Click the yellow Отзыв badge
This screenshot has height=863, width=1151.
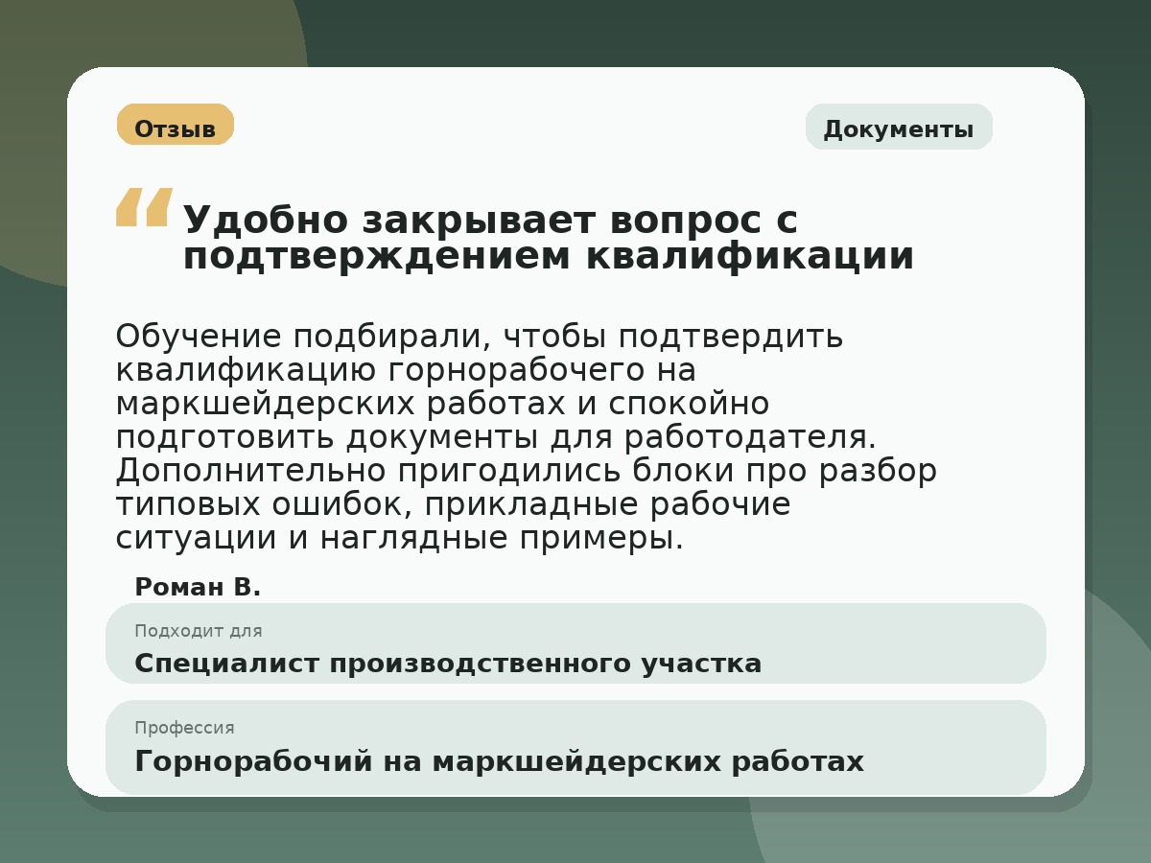(176, 125)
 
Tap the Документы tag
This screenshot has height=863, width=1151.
(899, 128)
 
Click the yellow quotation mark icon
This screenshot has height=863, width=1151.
(144, 207)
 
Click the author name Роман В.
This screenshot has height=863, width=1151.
(198, 587)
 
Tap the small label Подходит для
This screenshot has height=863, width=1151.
(199, 631)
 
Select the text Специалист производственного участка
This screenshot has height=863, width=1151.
(448, 664)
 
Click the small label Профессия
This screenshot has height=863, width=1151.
(184, 728)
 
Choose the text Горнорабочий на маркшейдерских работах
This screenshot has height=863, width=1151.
(499, 761)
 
